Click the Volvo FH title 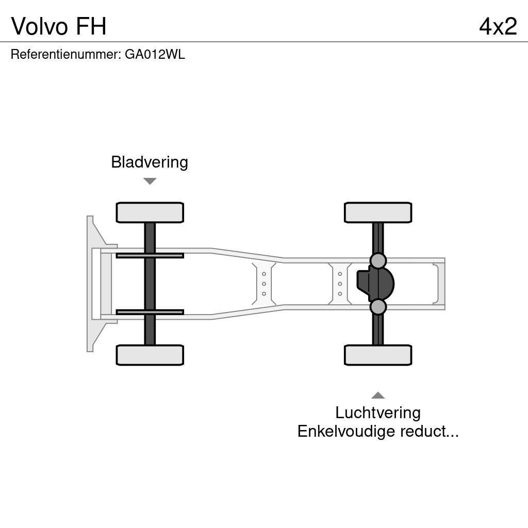click(59, 26)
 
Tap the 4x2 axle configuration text click(498, 26)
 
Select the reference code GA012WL click(155, 55)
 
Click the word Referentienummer click(65, 55)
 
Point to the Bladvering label click(150, 162)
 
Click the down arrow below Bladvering click(150, 181)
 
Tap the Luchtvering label click(378, 412)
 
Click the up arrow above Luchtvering click(378, 395)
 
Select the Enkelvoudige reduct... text click(378, 431)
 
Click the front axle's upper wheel click(150, 212)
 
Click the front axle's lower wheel click(150, 355)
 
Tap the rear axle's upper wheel click(378, 212)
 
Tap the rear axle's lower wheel click(378, 355)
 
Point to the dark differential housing click(375, 284)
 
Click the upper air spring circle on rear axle click(378, 260)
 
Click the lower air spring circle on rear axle click(378, 307)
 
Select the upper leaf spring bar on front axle click(150, 255)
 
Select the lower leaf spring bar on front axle click(150, 312)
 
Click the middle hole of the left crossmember click(264, 284)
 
